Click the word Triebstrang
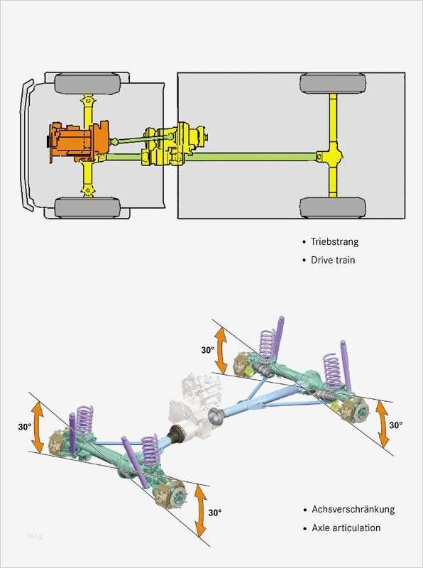(334, 241)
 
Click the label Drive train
(333, 260)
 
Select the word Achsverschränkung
(353, 509)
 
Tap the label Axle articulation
(346, 528)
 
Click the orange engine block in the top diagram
(78, 141)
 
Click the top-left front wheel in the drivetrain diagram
(87, 83)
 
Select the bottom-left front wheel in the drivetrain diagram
(87, 207)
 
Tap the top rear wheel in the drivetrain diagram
(332, 83)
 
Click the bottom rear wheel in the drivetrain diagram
(332, 207)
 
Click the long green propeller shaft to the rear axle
(251, 157)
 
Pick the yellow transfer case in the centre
(174, 146)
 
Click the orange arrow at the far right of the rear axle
(382, 424)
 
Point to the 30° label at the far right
(396, 425)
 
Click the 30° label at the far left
(25, 427)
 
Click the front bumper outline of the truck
(26, 145)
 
